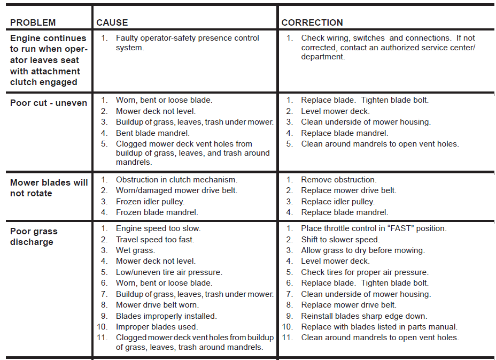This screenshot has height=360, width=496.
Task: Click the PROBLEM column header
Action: pos(33,22)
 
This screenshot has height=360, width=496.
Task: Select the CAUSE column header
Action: pos(112,22)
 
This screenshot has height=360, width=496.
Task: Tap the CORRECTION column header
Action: pos(312,22)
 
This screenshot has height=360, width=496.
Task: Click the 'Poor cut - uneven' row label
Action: pos(49,103)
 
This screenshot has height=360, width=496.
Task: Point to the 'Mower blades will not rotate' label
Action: pos(49,188)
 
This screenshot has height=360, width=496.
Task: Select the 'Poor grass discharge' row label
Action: pos(34,236)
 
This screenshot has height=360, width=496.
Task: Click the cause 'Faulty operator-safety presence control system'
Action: pos(187,43)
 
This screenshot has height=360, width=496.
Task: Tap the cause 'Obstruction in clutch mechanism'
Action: pos(176,180)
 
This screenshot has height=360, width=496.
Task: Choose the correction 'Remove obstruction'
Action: pos(338,180)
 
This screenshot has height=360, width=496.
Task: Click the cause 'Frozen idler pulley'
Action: pos(150,202)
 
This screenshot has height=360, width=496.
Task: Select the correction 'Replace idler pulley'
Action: pos(337,202)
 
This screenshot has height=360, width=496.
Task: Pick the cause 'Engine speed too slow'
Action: pos(158,228)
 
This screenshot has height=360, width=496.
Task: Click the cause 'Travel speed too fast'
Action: pos(155,240)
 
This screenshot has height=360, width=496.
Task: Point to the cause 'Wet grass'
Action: pos(135,250)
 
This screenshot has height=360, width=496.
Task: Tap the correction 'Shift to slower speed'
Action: pos(340,240)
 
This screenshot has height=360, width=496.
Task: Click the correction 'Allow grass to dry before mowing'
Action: pos(362,250)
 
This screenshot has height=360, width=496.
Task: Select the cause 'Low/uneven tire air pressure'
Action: pos(168,272)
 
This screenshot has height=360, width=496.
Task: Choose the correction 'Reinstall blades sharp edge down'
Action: pos(364,316)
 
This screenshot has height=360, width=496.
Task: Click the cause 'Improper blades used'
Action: pos(157,327)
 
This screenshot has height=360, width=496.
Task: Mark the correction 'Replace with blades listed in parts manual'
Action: pos(379,327)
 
